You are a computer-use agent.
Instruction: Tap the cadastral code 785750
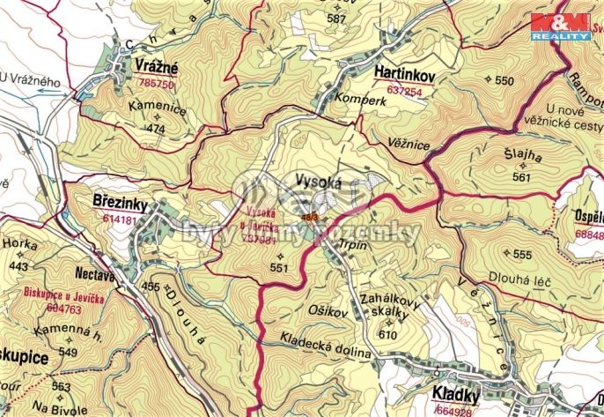tap(157, 84)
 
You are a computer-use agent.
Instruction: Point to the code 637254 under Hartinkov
tap(404, 91)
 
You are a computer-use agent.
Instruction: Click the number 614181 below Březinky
tap(119, 219)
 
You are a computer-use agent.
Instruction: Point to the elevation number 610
tap(386, 335)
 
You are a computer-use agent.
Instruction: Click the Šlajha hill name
tap(523, 158)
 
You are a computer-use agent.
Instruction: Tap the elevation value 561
tap(522, 177)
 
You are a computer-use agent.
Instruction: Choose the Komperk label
tap(361, 101)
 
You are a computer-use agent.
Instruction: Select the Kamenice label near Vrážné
tap(157, 110)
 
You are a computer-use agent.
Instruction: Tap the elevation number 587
tap(335, 18)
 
